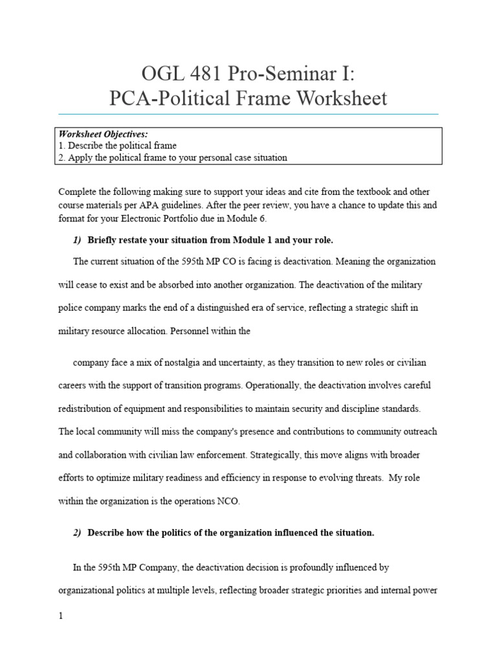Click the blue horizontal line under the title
248,114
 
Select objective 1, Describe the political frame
118,146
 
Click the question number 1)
77,240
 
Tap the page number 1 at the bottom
61,616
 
